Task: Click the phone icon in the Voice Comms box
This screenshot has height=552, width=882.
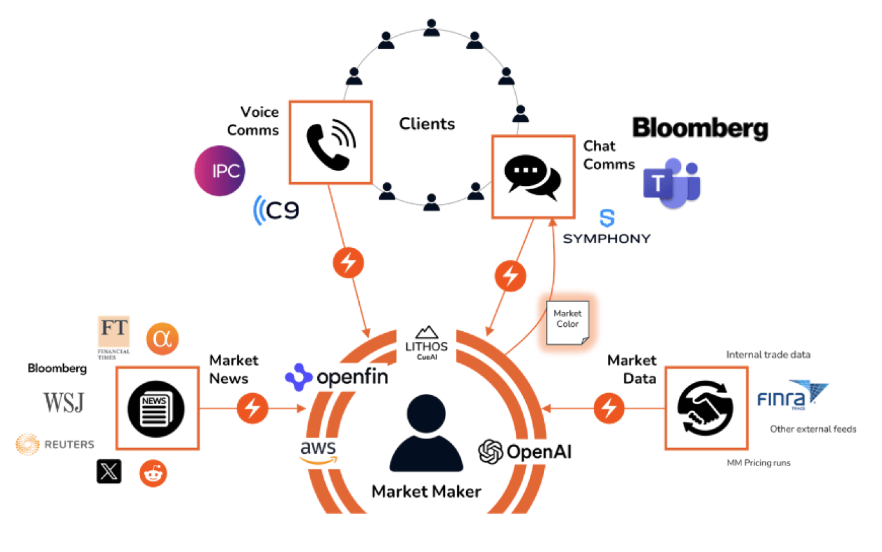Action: pos(330,142)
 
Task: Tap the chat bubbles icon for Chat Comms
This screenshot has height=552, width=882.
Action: pos(533,177)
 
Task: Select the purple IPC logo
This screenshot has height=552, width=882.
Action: pos(220,171)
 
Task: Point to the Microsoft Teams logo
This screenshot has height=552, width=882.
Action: pos(671,183)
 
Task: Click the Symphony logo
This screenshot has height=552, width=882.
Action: pos(607,228)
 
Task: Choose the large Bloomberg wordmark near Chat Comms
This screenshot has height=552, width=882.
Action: pos(700,128)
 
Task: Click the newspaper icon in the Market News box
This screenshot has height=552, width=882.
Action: pos(156,408)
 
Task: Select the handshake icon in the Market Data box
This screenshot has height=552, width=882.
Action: pos(706,408)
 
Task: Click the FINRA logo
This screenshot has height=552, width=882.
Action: pos(792,394)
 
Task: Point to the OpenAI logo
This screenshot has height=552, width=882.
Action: pos(525,451)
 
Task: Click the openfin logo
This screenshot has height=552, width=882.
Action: pos(337,377)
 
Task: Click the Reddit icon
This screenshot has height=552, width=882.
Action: pos(153,473)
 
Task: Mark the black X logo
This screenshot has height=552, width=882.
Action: pos(108,471)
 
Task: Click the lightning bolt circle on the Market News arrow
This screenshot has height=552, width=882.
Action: pos(253,408)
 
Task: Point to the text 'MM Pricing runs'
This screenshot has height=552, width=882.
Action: pos(758,463)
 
